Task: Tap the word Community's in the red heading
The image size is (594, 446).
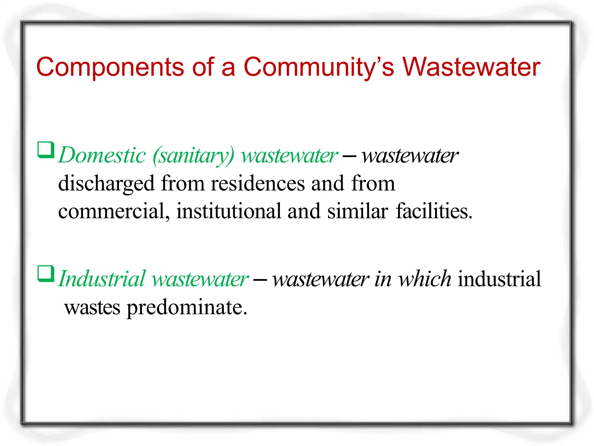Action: pos(319,67)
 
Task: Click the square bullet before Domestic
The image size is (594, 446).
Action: pos(46,150)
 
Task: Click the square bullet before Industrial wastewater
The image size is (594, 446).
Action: pos(46,274)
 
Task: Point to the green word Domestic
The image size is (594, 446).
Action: pos(102,155)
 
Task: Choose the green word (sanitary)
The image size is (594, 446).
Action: pos(193,156)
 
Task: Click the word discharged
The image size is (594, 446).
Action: pos(106,184)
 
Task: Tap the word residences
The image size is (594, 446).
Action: pos(258,184)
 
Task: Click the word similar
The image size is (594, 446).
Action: pos(358,211)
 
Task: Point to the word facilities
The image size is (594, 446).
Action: pos(434,211)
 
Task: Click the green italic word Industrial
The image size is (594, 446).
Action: pos(102,279)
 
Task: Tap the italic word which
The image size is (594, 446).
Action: pos(424,279)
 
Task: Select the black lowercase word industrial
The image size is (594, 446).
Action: pos(499,279)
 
